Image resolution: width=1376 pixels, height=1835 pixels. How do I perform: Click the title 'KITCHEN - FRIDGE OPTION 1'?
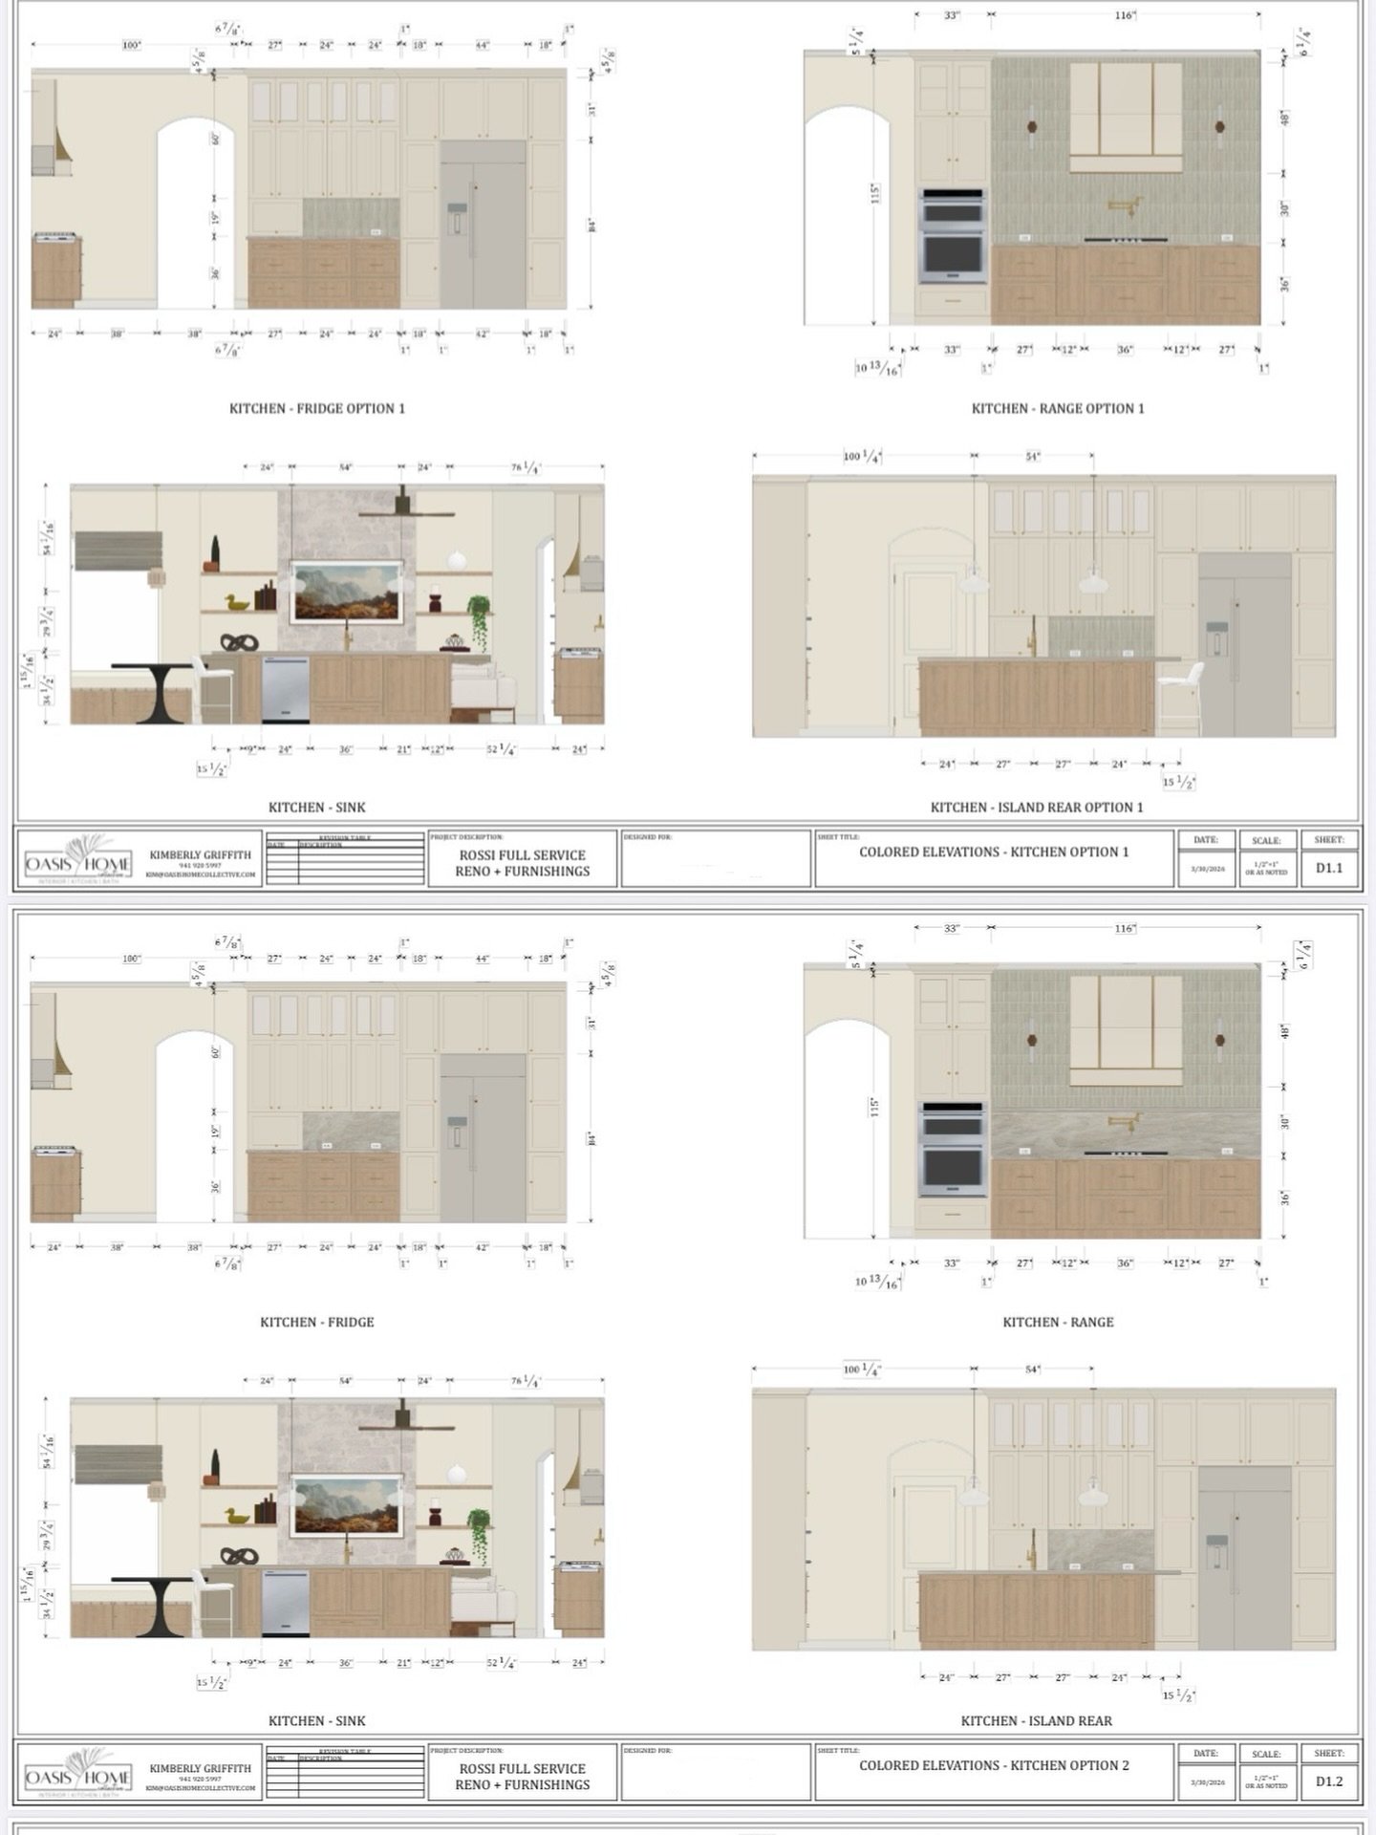(316, 408)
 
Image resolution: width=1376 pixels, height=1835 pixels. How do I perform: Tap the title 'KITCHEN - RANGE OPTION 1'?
(1058, 408)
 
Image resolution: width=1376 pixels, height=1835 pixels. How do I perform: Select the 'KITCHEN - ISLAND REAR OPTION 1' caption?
(1037, 807)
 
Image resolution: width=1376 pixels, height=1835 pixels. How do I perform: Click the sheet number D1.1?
(1328, 868)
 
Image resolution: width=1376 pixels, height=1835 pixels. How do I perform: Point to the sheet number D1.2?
(1328, 1781)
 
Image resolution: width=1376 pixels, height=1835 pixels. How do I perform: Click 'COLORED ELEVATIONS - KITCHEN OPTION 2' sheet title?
(994, 1765)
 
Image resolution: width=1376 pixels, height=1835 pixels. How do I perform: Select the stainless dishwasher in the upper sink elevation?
(285, 688)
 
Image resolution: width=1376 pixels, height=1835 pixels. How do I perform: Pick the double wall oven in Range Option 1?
(952, 235)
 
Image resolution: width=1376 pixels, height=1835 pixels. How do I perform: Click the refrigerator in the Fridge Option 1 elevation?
(483, 226)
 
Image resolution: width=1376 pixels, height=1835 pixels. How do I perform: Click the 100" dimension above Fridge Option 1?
(132, 45)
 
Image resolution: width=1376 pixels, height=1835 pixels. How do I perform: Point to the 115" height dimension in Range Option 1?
(874, 194)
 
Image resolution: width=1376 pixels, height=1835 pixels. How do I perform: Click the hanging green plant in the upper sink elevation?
(479, 615)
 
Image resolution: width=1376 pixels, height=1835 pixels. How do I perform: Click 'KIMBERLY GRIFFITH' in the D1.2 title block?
(200, 1768)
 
